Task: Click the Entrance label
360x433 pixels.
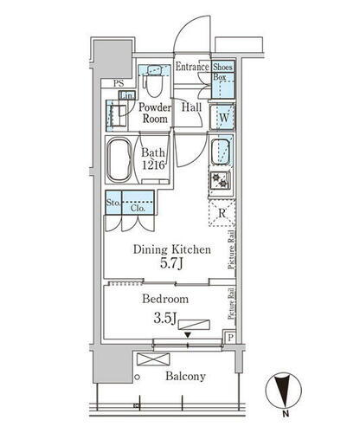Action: click(x=191, y=67)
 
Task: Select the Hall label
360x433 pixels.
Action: click(x=191, y=107)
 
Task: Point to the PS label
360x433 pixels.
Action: click(x=119, y=83)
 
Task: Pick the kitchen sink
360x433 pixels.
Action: click(x=222, y=151)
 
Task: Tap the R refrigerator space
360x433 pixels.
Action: click(x=222, y=214)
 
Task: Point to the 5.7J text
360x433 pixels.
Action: click(x=171, y=265)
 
